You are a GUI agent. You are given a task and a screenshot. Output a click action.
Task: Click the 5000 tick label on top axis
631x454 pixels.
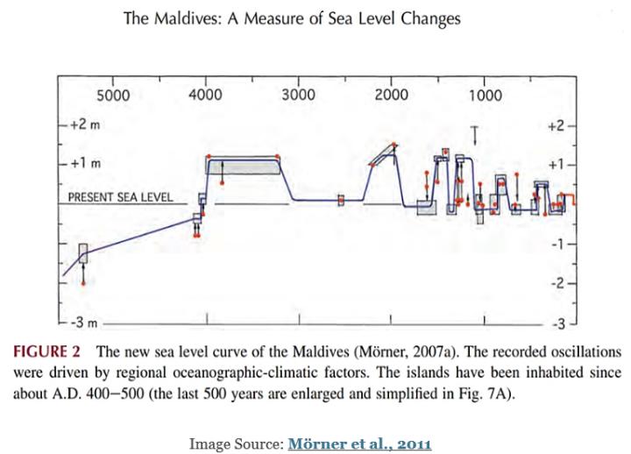112,95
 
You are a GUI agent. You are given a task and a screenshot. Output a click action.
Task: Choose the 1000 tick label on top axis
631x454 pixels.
485,95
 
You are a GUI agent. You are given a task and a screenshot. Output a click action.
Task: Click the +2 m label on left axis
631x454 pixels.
83,125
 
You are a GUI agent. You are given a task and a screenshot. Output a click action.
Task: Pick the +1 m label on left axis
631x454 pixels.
83,164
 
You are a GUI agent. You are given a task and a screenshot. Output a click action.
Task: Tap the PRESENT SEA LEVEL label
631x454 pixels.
120,197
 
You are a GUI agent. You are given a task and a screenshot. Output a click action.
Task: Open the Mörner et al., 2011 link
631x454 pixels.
359,443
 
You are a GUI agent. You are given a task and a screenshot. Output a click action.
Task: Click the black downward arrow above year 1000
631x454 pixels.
474,134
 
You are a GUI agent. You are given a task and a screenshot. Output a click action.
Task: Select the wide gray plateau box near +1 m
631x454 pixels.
244,165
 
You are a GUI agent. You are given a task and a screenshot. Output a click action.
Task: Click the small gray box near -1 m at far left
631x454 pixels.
83,253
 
